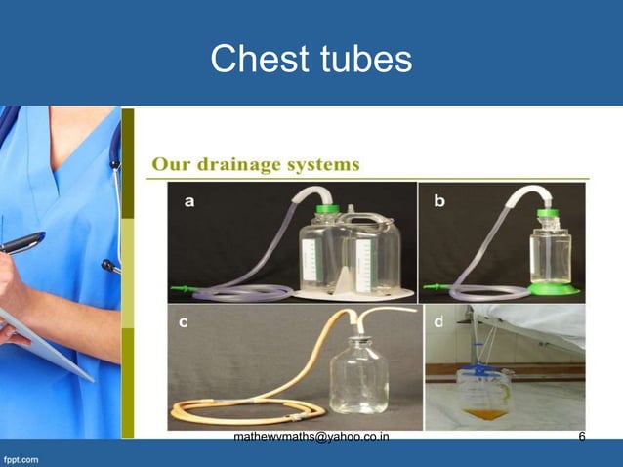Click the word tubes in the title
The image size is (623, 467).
point(362,60)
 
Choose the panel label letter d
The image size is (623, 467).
point(438,322)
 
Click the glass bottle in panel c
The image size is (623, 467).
point(360,376)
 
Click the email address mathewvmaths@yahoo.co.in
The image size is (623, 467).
point(311,437)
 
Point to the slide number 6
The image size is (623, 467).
point(582,437)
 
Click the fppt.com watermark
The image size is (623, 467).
point(21,457)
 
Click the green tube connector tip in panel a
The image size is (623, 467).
point(179,288)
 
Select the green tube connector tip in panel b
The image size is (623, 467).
point(430,288)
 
